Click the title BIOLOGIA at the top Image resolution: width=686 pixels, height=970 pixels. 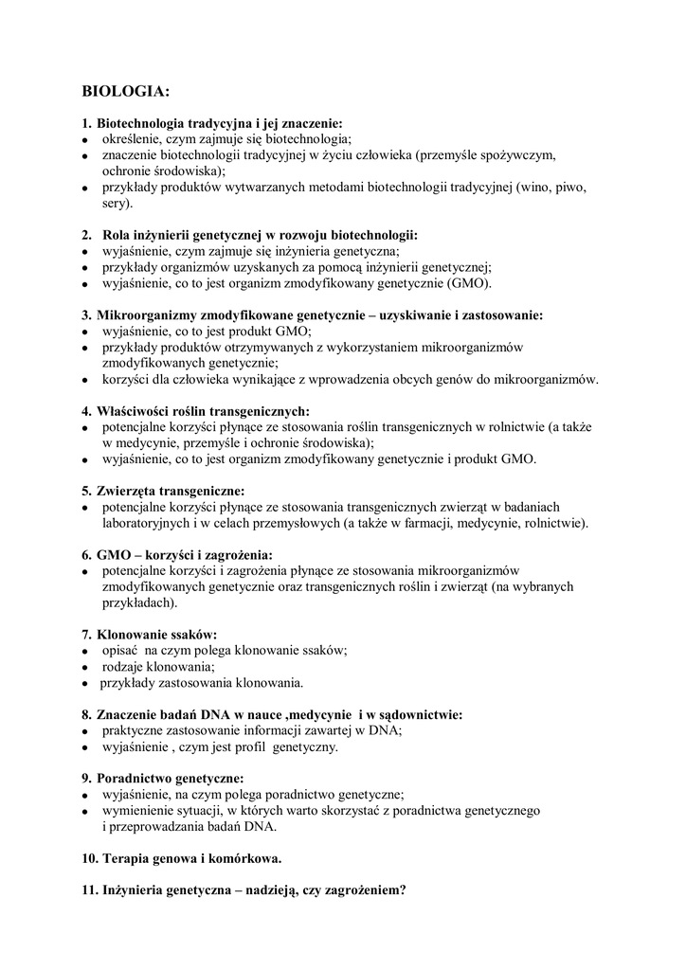126,92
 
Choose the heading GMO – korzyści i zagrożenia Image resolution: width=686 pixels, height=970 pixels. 177,553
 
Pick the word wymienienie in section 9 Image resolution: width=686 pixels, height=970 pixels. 136,811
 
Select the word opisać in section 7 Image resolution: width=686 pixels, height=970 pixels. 121,650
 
